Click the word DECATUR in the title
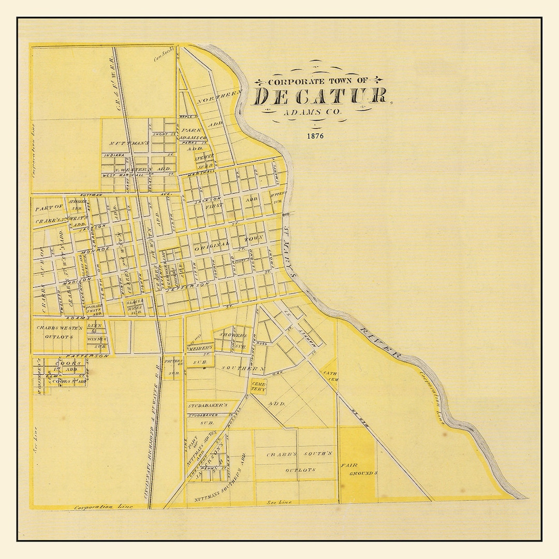pos(320,96)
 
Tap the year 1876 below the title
pos(315,137)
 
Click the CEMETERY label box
pos(258,386)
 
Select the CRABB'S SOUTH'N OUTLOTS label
pos(290,462)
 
